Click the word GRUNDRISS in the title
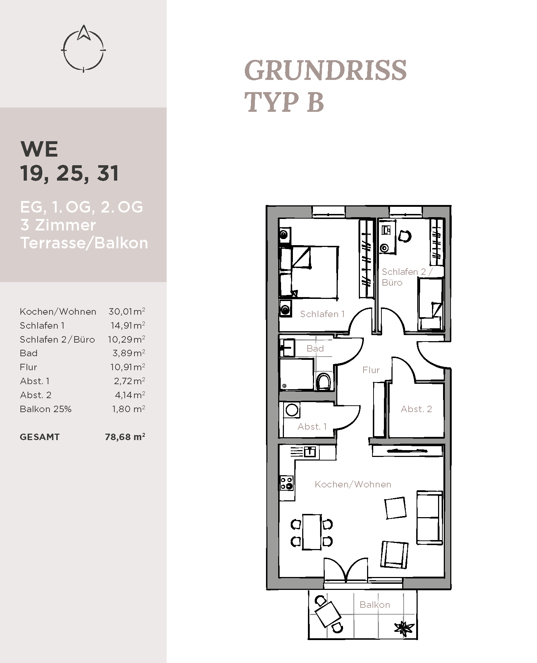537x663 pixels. [325, 70]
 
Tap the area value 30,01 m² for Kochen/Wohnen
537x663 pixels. [127, 311]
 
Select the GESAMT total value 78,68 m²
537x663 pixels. [125, 437]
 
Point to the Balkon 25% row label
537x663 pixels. [46, 409]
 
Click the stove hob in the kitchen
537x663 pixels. [287, 483]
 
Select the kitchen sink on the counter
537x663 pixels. [310, 452]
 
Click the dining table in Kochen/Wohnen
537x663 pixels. [312, 532]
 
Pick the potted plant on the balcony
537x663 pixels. [404, 628]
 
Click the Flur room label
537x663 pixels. [371, 370]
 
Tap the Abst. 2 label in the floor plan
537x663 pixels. [416, 409]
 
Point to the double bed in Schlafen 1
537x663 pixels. [309, 272]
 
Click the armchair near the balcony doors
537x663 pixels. [394, 554]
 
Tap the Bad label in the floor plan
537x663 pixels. [315, 348]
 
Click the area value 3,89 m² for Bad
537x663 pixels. [129, 353]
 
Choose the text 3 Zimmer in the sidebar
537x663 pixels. [58, 225]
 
